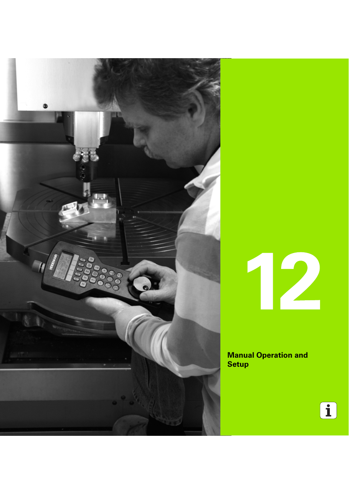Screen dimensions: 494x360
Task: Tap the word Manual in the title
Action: coord(240,355)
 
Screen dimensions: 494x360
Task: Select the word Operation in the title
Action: coord(274,355)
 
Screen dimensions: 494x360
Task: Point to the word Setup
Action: coord(238,364)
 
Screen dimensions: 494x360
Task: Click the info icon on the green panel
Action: coord(328,411)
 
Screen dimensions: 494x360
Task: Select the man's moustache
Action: coord(149,152)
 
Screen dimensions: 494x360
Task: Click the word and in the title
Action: coord(301,355)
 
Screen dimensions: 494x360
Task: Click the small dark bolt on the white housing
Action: coord(45,106)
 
